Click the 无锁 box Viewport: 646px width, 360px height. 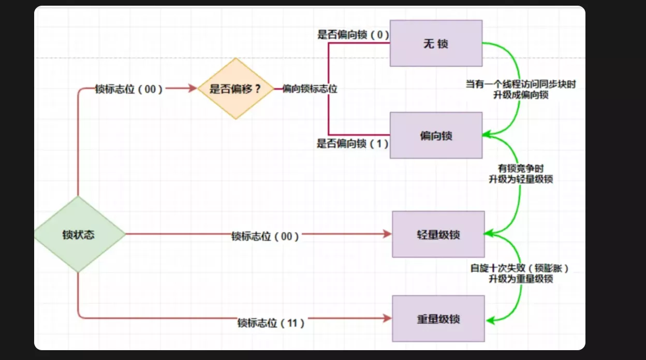(x=436, y=44)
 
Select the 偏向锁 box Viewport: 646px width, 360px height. (x=436, y=136)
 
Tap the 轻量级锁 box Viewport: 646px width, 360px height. (x=438, y=234)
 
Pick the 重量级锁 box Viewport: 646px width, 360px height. (x=438, y=319)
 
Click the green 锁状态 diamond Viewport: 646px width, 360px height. (x=79, y=234)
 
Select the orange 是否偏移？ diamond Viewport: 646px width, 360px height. (x=236, y=89)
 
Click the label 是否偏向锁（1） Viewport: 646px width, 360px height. (x=353, y=143)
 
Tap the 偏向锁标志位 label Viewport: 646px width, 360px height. (x=310, y=89)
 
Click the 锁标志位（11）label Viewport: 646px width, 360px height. (x=271, y=323)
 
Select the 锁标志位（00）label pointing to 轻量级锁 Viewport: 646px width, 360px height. (x=265, y=236)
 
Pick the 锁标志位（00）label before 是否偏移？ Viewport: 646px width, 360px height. (x=129, y=89)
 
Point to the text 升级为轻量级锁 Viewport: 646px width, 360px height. (x=520, y=179)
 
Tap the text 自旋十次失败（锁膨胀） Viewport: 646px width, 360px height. (x=521, y=268)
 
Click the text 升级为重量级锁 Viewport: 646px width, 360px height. (x=521, y=279)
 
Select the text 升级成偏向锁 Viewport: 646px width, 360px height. (x=520, y=95)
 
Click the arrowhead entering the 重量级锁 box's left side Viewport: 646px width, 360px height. (x=388, y=319)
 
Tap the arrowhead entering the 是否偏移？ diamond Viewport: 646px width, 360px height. (x=194, y=89)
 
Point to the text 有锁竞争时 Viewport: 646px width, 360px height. (x=520, y=168)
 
